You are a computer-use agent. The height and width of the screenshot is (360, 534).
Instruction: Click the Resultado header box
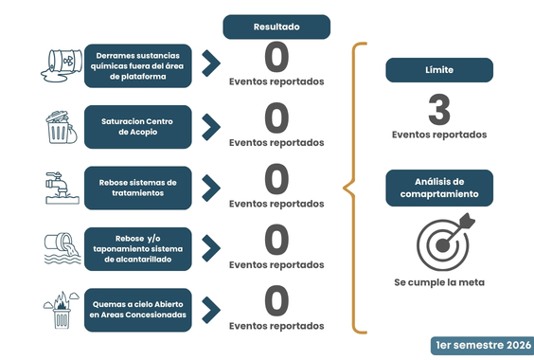(276, 27)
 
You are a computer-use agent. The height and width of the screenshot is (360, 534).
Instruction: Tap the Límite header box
(439, 70)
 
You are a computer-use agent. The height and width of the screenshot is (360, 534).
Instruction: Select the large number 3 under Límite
(439, 110)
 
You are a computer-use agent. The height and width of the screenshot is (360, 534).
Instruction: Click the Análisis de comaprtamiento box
(439, 188)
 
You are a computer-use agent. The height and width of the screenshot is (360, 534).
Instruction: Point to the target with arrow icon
(445, 242)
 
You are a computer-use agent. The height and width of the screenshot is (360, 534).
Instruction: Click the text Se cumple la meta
(439, 282)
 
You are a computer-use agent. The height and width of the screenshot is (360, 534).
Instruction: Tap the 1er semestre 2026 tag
(483, 346)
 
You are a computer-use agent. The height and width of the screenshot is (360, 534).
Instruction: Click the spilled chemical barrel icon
(62, 65)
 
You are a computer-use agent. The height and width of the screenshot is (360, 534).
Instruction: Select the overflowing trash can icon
(62, 127)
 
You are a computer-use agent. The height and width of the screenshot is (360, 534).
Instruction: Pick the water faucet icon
(62, 188)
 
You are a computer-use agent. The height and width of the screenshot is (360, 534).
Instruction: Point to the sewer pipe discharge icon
(62, 248)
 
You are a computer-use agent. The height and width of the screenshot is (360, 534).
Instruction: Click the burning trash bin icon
(62, 310)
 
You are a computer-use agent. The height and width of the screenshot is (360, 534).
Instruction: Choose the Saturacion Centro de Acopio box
(138, 127)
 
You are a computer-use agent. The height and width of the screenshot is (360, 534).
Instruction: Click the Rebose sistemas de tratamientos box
(138, 188)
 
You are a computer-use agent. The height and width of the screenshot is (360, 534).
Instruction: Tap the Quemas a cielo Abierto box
(138, 310)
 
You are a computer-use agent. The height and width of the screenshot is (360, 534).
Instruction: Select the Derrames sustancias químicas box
(138, 65)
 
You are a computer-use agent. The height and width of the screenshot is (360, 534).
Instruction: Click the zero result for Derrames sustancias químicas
(276, 57)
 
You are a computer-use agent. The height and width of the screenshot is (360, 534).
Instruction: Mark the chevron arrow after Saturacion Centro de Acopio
(211, 127)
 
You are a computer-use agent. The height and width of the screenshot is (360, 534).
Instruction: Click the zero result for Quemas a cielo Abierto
(276, 301)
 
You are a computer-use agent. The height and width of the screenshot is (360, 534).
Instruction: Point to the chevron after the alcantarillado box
(211, 248)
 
